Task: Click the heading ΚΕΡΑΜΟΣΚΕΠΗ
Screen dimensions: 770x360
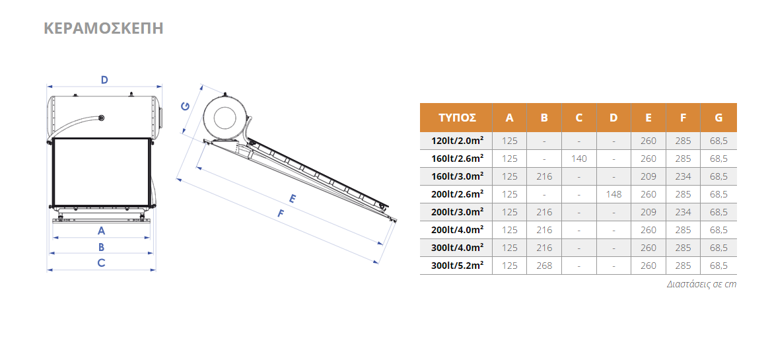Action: (104, 28)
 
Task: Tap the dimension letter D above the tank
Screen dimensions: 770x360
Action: (104, 79)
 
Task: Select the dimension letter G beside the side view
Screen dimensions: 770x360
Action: (186, 106)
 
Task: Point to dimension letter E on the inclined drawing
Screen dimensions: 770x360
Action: (292, 198)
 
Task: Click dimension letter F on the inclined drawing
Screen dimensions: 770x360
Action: (281, 213)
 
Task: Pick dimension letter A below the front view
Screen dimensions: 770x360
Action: (102, 230)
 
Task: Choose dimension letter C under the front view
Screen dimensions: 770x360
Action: (101, 263)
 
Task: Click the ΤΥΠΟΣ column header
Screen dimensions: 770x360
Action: (457, 118)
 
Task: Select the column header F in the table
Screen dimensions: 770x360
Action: (683, 118)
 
